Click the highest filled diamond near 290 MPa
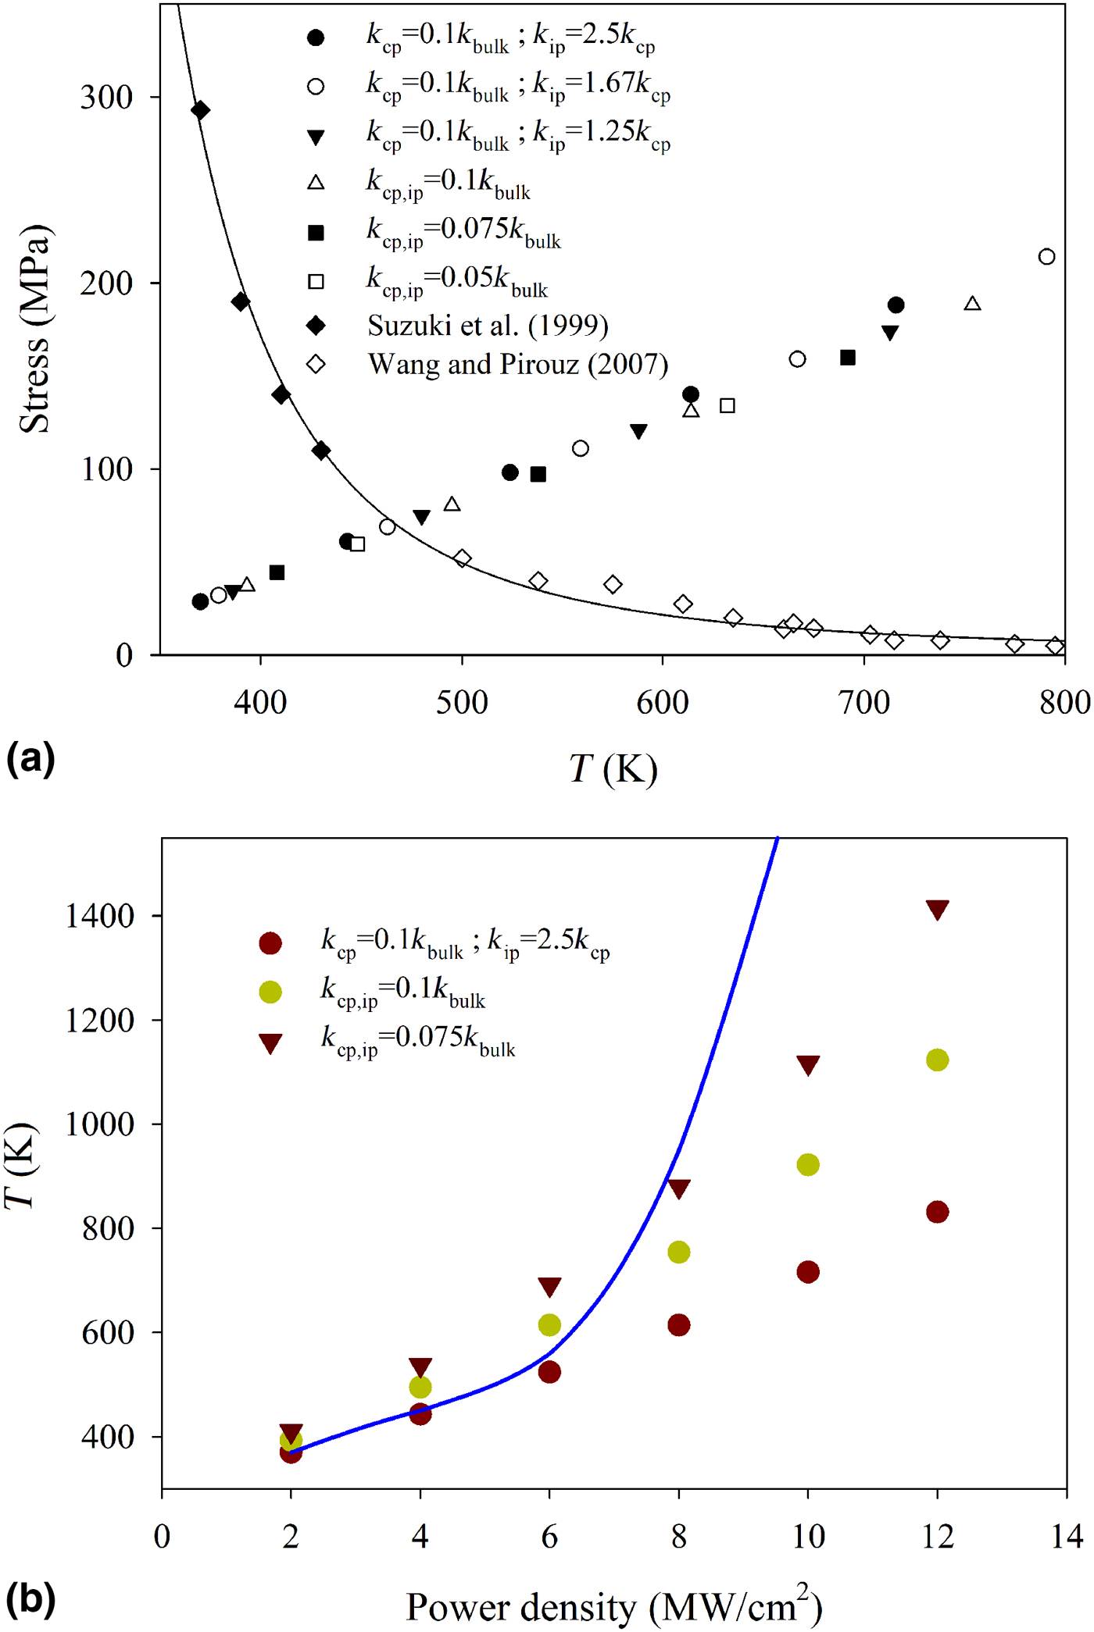tap(200, 110)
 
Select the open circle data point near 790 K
tap(1046, 256)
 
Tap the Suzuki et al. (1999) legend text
tap(488, 326)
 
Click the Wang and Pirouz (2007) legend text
tap(517, 365)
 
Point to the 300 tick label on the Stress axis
tap(107, 98)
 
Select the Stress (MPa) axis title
tap(34, 329)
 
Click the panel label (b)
tap(30, 1597)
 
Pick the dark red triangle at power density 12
tap(937, 910)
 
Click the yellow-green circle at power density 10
tap(807, 1164)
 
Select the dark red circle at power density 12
tap(937, 1212)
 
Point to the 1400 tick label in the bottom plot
tap(99, 916)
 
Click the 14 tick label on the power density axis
tap(1066, 1536)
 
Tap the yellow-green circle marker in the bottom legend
tap(270, 992)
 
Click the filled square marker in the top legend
tap(316, 233)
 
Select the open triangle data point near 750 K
tap(972, 304)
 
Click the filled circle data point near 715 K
tap(896, 305)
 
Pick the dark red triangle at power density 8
tap(678, 1188)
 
